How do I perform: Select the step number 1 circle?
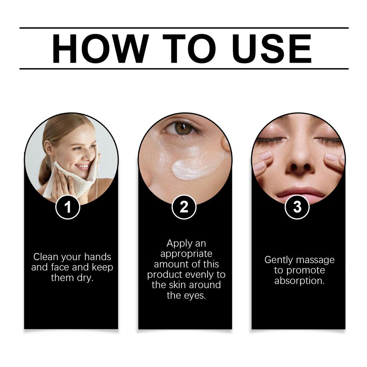pyautogui.click(x=68, y=207)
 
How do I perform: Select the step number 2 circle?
pyautogui.click(x=184, y=207)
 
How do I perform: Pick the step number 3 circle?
pyautogui.click(x=297, y=207)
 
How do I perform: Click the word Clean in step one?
pyautogui.click(x=46, y=257)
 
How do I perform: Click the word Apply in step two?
pyautogui.click(x=179, y=244)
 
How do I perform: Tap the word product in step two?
pyautogui.click(x=165, y=275)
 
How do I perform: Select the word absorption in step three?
pyautogui.click(x=299, y=281)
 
